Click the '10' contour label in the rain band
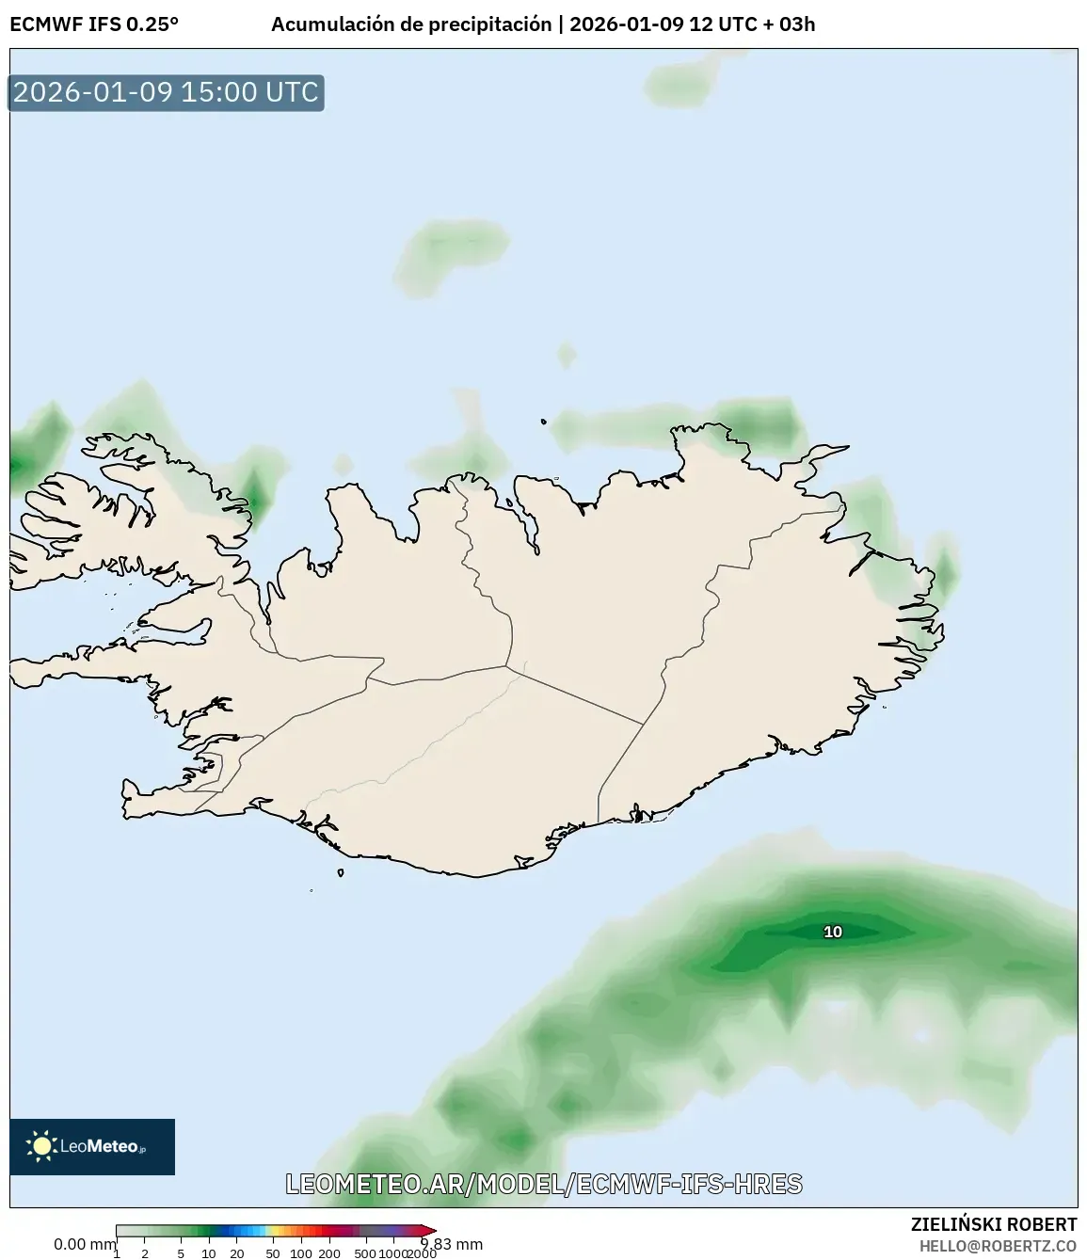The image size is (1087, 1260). tap(833, 932)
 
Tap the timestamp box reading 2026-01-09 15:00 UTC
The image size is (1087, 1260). tap(166, 92)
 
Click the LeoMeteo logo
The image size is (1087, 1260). tap(92, 1146)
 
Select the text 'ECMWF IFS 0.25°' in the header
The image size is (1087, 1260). tap(94, 24)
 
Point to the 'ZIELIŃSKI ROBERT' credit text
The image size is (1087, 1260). tap(993, 1224)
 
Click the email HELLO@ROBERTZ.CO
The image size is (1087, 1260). tap(998, 1246)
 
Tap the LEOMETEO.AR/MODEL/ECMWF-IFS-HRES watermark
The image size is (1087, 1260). tap(544, 1184)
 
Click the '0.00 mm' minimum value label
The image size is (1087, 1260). tap(84, 1244)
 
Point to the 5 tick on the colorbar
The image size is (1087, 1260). tap(181, 1253)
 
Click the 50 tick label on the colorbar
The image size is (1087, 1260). tap(273, 1253)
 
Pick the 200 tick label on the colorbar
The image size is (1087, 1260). tap(329, 1253)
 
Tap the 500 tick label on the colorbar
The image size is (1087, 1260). tap(365, 1253)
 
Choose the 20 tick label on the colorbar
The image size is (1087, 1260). tap(237, 1253)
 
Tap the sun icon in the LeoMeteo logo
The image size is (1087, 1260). tap(41, 1146)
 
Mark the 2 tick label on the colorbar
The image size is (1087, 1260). tap(145, 1253)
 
